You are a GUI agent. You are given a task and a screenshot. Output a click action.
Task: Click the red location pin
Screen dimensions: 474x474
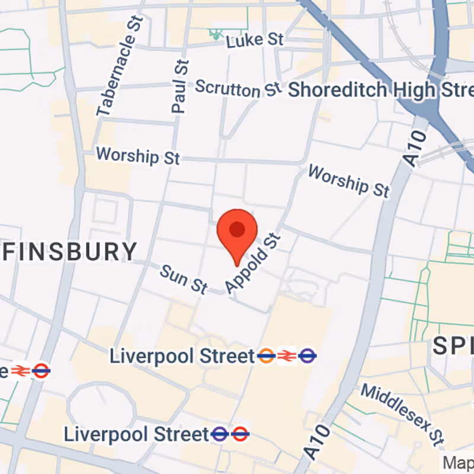coord(237,231)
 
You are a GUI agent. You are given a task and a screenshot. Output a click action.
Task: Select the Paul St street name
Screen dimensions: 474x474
coord(180,86)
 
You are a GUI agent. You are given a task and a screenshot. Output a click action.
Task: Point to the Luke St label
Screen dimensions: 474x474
coord(255,40)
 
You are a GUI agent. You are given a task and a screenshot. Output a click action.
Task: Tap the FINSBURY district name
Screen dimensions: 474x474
coord(70,252)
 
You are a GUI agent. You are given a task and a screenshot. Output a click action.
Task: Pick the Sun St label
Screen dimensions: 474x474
coord(184,280)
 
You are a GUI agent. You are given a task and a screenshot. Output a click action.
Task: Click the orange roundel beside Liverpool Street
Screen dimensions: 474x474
coord(266,356)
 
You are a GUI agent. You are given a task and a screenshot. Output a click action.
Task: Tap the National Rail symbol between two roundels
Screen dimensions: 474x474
coord(286,356)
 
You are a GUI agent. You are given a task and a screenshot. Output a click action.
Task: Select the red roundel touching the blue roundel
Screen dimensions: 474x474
coord(240,434)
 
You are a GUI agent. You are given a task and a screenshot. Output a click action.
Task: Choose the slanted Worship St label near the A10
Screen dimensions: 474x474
coord(349,181)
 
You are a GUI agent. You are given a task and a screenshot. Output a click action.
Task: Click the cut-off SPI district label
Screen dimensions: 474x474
coord(453,346)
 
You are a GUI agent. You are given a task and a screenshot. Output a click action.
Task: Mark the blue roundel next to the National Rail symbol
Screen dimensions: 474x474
coord(307,356)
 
